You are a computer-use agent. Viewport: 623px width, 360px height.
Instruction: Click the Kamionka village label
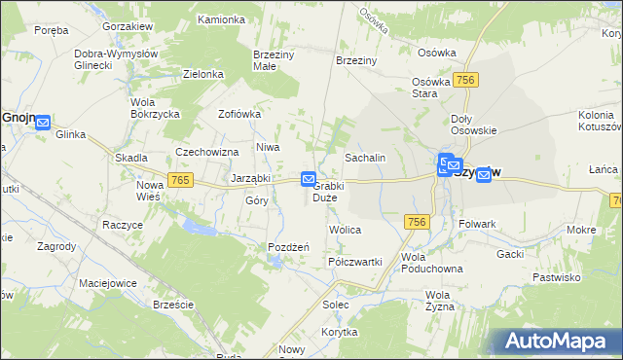pyautogui.click(x=221, y=19)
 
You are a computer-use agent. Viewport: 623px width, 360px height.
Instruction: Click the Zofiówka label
pyautogui.click(x=239, y=114)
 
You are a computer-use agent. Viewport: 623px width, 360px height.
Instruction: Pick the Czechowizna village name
pyautogui.click(x=207, y=152)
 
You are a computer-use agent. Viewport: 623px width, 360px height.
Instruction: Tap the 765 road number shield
pyautogui.click(x=179, y=180)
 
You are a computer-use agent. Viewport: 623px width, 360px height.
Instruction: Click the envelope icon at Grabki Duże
pyautogui.click(x=309, y=179)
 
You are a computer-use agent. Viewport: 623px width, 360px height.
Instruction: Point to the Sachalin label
pyautogui.click(x=366, y=157)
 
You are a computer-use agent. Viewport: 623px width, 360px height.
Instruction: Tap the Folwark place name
pyautogui.click(x=477, y=224)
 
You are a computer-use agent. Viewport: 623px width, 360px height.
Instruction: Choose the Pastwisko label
pyautogui.click(x=557, y=277)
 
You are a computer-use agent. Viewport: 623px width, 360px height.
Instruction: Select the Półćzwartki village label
pyautogui.click(x=355, y=262)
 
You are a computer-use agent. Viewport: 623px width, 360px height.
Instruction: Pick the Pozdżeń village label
pyautogui.click(x=288, y=247)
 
